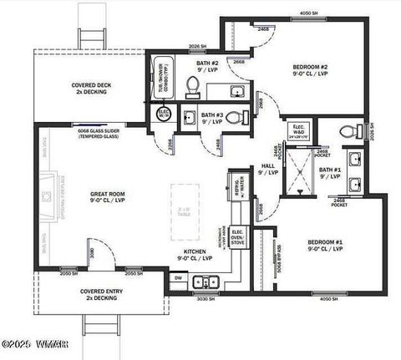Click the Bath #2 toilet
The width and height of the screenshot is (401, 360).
(x=192, y=85)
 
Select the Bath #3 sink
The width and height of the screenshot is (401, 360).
(x=189, y=116)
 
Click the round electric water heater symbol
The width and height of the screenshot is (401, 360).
(x=163, y=114)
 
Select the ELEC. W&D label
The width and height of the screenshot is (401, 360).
(x=299, y=130)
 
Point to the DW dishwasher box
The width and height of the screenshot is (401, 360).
(x=179, y=278)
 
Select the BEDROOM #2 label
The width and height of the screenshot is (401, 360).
(x=310, y=69)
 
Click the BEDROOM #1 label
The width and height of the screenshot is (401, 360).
(x=325, y=244)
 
